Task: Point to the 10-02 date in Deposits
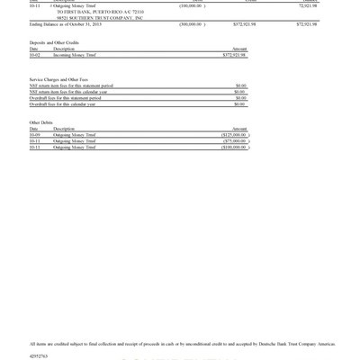35,54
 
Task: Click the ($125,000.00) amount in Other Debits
233,134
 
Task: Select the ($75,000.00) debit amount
234,140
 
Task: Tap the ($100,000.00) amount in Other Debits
233,147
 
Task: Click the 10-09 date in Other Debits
35,134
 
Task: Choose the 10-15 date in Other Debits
35,147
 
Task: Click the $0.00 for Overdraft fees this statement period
240,98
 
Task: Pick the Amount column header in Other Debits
239,128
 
